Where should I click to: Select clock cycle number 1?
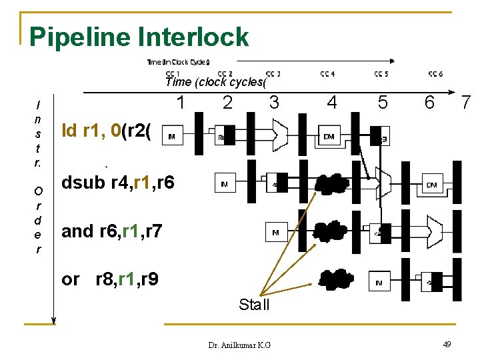180,103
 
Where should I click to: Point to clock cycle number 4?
331,103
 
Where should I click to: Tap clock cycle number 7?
467,103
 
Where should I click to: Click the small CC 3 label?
273,73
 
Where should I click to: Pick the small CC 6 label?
435,73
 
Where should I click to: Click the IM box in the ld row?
172,136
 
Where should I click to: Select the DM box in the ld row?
329,136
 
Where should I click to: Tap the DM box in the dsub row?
431,184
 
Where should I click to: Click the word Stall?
254,305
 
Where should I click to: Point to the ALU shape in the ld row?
279,135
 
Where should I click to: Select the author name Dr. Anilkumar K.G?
239,345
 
